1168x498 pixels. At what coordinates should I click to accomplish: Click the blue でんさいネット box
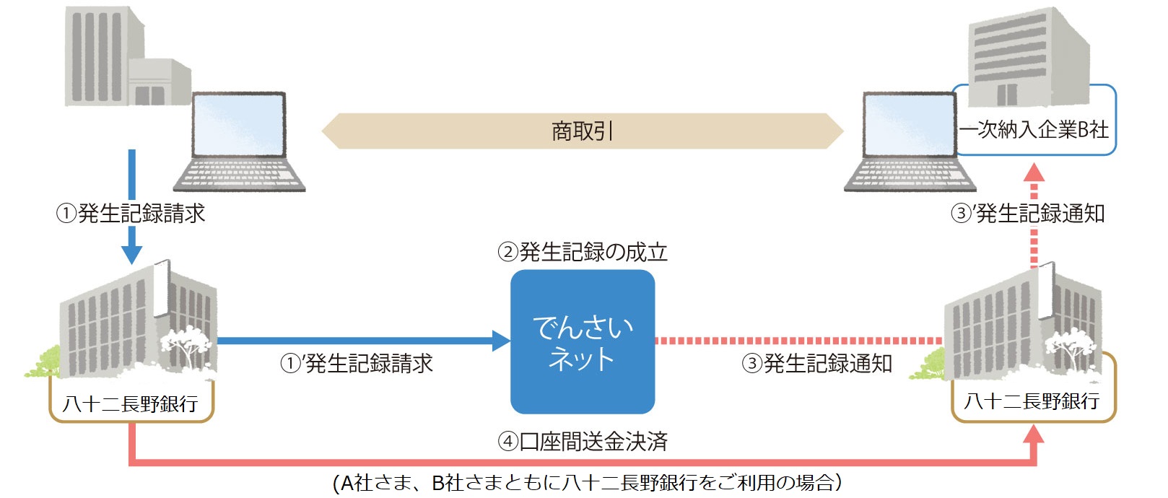(x=582, y=341)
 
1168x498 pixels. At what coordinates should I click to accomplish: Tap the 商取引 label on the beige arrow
(x=582, y=131)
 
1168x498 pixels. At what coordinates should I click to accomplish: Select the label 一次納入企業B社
(x=1034, y=130)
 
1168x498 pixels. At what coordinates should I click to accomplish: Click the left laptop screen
(x=238, y=124)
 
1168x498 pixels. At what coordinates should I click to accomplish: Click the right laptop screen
(x=909, y=124)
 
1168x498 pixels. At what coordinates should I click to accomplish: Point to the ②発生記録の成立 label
(x=582, y=252)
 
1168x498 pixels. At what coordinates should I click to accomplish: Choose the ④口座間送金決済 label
(x=582, y=441)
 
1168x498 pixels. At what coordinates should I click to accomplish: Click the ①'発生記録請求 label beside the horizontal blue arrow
(x=357, y=363)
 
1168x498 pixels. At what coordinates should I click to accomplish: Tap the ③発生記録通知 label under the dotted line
(x=816, y=363)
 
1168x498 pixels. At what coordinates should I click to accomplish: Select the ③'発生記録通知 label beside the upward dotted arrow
(x=1028, y=214)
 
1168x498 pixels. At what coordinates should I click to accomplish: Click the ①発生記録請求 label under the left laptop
(x=131, y=214)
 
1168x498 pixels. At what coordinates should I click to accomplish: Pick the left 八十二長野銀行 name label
(x=131, y=403)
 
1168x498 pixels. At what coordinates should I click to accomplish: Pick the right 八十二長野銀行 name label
(x=1032, y=401)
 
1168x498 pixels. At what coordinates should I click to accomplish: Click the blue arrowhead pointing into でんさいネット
(x=501, y=341)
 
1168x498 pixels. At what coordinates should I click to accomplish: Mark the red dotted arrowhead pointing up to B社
(x=1034, y=172)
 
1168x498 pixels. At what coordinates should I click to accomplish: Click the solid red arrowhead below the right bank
(x=1034, y=434)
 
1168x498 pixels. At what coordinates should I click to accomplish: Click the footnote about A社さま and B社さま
(x=587, y=483)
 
